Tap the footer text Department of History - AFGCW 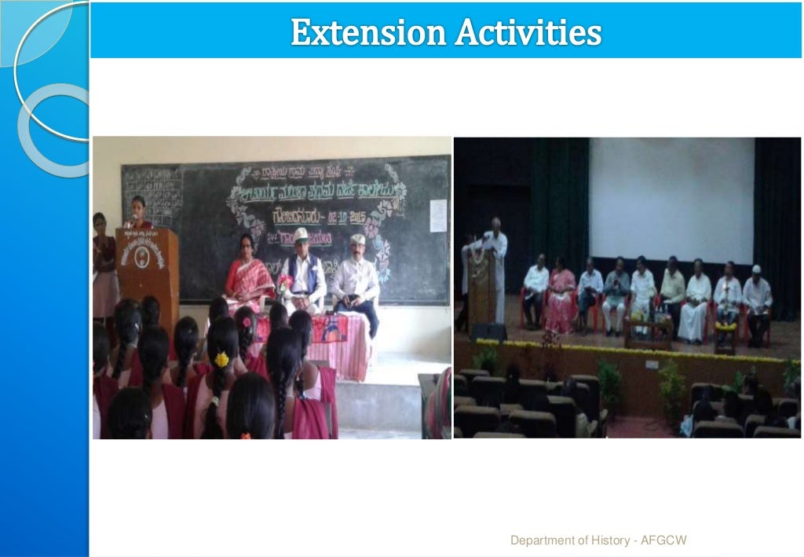(x=598, y=540)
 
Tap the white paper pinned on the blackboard (x=437, y=215)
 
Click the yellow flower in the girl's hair (x=222, y=359)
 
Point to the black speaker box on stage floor (x=488, y=332)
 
